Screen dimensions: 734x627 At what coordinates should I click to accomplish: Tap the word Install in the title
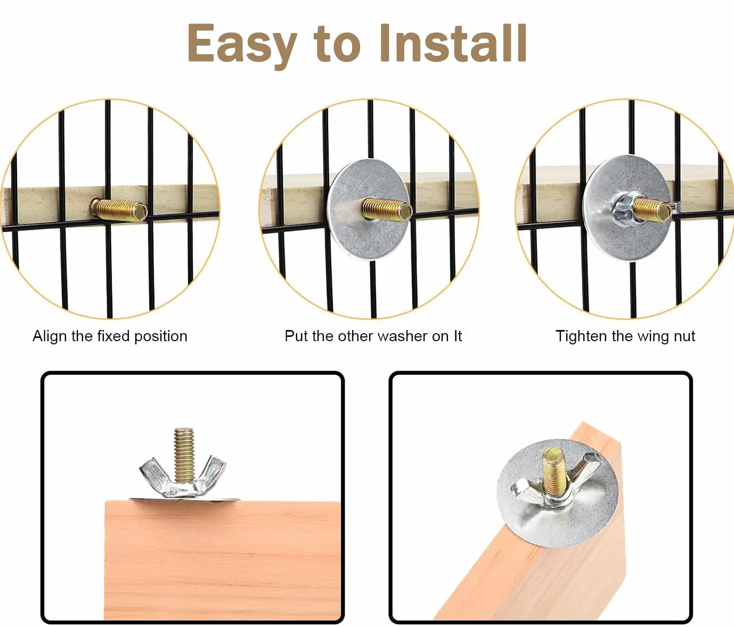click(453, 43)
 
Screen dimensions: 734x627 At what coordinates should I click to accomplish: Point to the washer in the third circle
click(627, 208)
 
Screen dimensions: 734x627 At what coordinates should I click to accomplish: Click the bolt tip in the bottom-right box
click(552, 455)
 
